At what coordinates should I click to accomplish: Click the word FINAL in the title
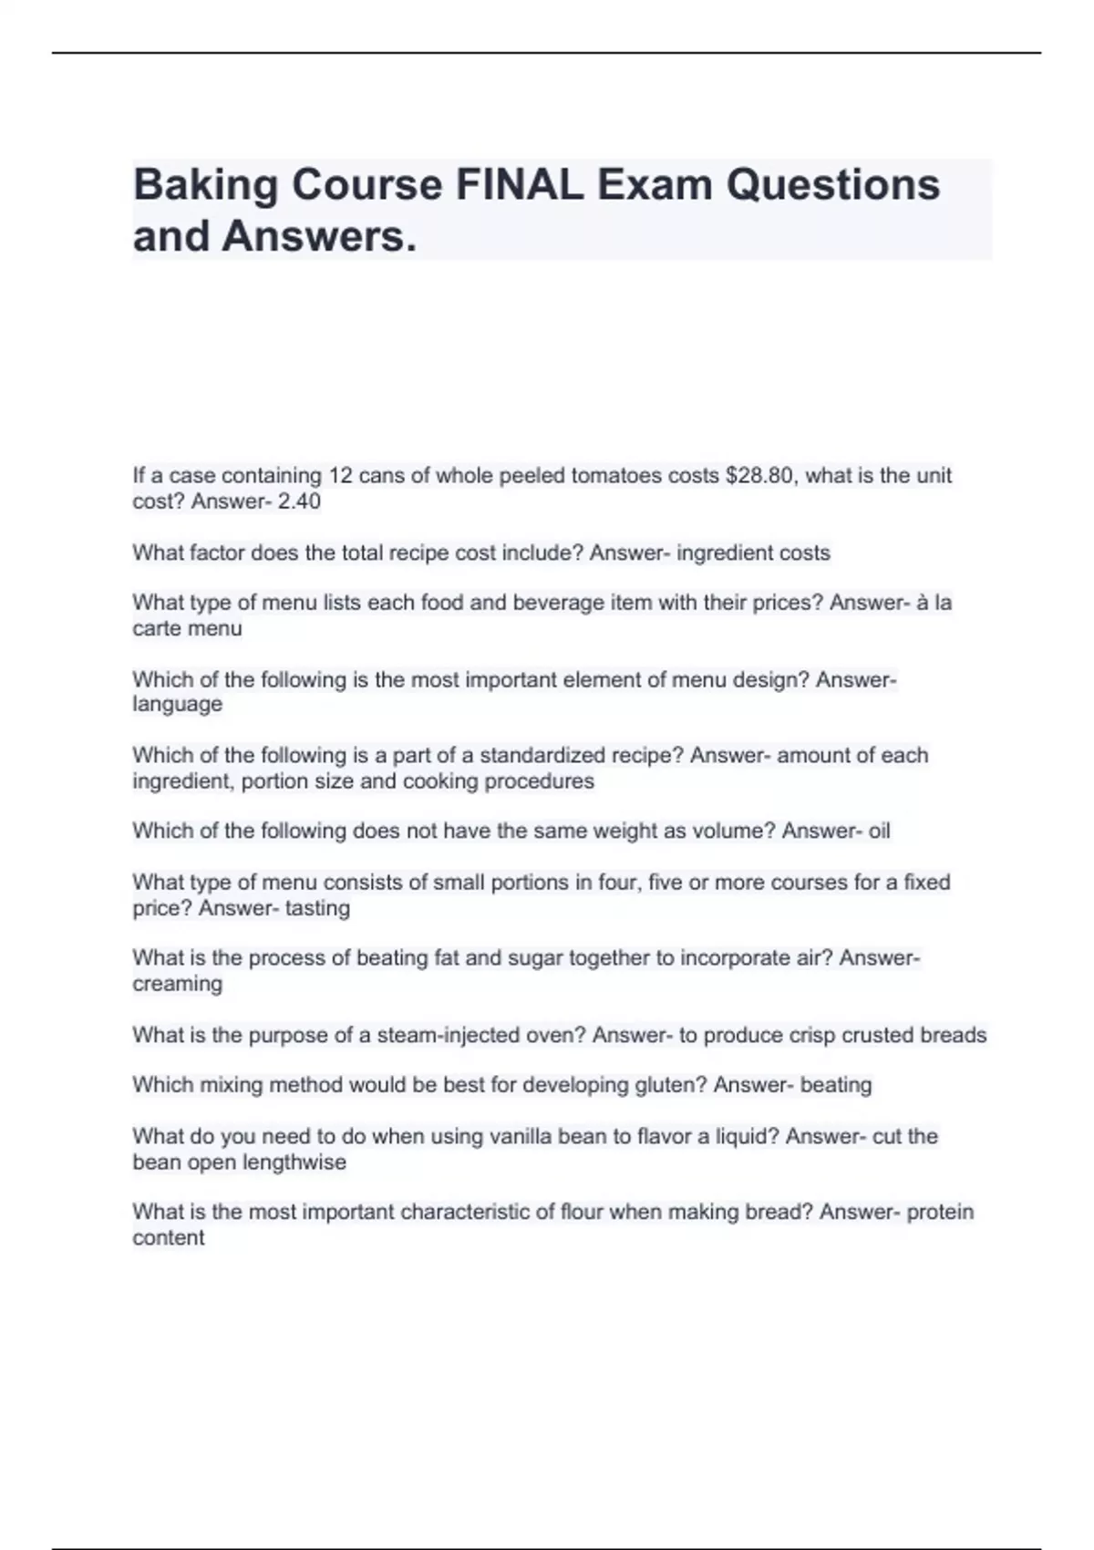click(x=519, y=185)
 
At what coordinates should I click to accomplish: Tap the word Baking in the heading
click(x=205, y=185)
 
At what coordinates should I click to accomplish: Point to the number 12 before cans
click(x=340, y=475)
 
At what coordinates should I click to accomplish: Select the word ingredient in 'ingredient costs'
click(x=721, y=553)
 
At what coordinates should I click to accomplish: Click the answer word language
click(x=177, y=704)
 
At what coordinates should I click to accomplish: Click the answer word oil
click(x=879, y=831)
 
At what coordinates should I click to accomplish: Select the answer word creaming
click(x=177, y=984)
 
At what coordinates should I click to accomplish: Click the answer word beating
click(x=836, y=1085)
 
